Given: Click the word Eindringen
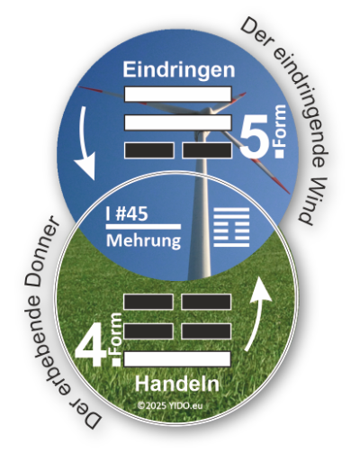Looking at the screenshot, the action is coord(179,70).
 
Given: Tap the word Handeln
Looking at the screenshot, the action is coord(177,384).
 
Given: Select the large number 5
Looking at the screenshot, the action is coord(255,137).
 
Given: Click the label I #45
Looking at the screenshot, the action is coord(127,213).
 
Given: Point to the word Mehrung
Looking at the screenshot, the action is coord(144,240).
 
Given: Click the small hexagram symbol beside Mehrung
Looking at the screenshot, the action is coord(231,227).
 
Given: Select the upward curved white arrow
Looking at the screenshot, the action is coord(258,313).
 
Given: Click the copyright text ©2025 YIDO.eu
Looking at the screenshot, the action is coord(170,405).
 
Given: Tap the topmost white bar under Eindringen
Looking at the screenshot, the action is coord(178,94).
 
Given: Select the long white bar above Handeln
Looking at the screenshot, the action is coord(177,359).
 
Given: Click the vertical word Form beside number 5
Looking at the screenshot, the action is coord(279,126).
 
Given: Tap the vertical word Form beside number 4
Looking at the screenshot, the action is coord(116,332).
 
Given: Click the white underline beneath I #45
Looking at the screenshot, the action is coord(143,227).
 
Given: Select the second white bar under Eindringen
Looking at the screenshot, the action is coord(178,122).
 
